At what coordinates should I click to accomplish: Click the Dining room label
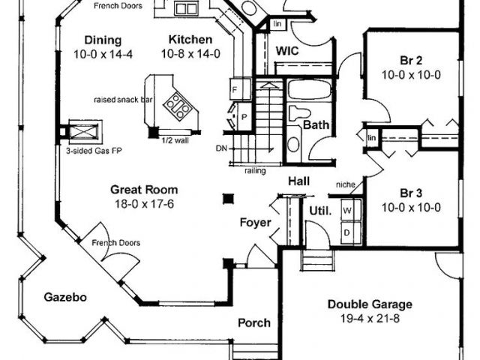pos(101,40)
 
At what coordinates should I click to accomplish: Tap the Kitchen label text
pos(190,40)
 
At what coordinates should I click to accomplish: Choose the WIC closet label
pos(289,51)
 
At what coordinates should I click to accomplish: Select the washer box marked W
pos(346,211)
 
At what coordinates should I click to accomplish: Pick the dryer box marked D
pos(346,232)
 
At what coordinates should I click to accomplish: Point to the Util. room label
pos(320,211)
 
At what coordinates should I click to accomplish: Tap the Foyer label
pos(254,222)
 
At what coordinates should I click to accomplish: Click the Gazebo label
pos(64,297)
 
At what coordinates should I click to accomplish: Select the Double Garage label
pos(370,304)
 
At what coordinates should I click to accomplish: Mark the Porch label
pos(254,323)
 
